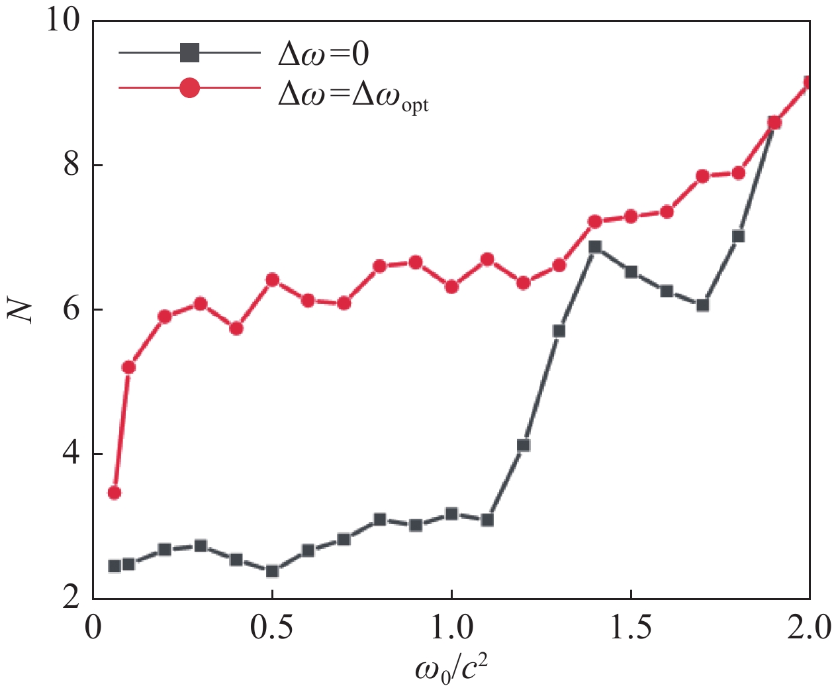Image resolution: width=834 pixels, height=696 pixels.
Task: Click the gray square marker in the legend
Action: point(190,53)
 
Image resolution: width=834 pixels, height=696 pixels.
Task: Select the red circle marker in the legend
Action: point(190,87)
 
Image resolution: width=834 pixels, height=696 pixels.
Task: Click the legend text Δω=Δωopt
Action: point(353,95)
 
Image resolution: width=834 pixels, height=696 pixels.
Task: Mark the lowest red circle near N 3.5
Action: point(115,493)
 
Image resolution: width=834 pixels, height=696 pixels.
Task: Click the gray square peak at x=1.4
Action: point(595,247)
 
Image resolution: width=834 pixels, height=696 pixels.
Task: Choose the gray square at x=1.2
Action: point(524,446)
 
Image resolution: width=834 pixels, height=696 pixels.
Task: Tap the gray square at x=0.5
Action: point(272,571)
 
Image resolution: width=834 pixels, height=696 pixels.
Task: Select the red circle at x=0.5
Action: point(272,279)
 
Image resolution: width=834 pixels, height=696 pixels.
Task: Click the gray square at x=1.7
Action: point(703,305)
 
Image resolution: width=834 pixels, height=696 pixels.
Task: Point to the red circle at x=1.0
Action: point(452,287)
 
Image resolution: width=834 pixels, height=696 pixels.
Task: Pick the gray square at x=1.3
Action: point(559,330)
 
